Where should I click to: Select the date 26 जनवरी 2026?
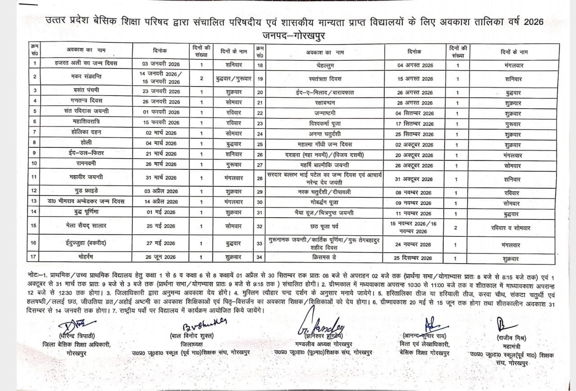(161, 102)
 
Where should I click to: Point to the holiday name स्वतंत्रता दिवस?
(323, 78)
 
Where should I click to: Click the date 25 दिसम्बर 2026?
(414, 258)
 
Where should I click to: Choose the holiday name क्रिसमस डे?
(323, 257)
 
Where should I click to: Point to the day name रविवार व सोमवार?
(510, 228)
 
